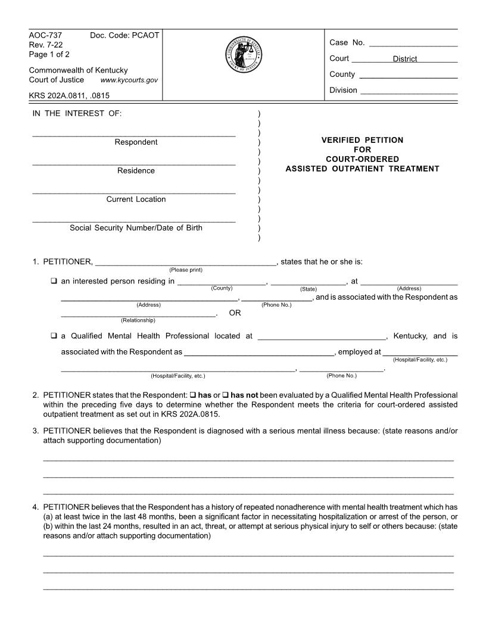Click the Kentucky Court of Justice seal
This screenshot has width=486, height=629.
[x=243, y=55]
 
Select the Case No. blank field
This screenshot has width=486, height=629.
[x=413, y=43]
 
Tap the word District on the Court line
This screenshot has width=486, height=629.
[x=405, y=59]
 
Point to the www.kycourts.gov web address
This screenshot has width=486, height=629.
[x=129, y=80]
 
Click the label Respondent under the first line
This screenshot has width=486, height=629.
[x=136, y=142]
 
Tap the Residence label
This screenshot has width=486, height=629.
[x=136, y=171]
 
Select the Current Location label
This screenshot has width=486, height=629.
[x=136, y=200]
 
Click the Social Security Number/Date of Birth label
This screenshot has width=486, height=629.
[x=136, y=228]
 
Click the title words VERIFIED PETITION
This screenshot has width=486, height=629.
[x=362, y=140]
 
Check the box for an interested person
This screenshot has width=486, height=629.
[x=54, y=281]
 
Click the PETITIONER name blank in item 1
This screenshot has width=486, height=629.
[x=185, y=261]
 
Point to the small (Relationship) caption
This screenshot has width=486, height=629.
[x=138, y=320]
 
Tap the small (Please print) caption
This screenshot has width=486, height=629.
[x=186, y=270]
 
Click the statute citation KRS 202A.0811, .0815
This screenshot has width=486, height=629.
[x=69, y=95]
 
